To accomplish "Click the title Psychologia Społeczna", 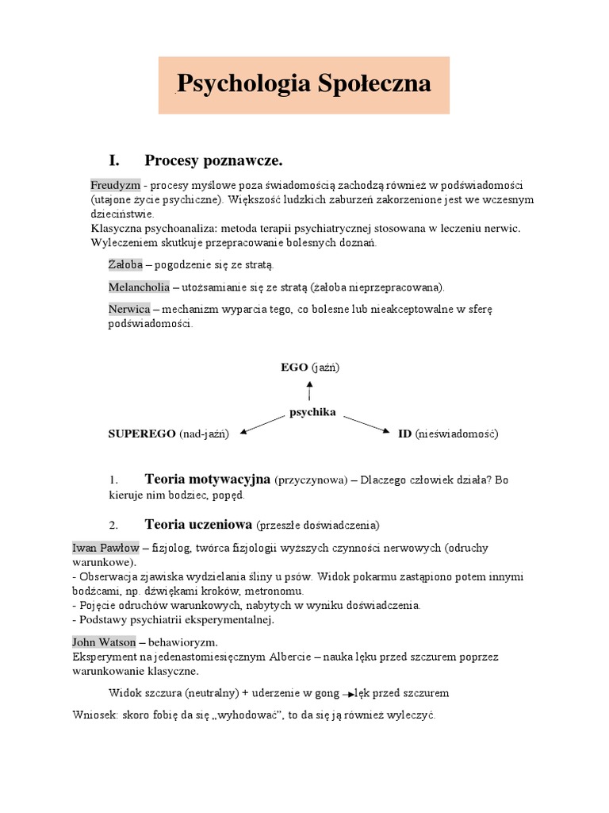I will point(304,84).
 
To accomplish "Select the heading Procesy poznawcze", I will point(213,161).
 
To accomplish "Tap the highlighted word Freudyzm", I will point(115,184).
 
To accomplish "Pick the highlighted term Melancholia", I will point(139,287).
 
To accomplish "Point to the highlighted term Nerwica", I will point(129,309).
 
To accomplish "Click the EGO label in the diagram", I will point(294,367).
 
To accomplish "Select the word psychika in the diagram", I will point(312,412).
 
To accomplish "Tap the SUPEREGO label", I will point(142,434).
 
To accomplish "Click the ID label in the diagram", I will point(404,434).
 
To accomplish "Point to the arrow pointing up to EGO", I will point(309,390).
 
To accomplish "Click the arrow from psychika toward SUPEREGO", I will point(262,425).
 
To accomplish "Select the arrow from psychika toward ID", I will point(365,425).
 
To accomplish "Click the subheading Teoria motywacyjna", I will point(208,479).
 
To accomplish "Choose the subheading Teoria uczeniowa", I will point(198,524).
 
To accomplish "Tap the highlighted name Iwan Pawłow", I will point(105,548).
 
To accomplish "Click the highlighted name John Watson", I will point(104,642).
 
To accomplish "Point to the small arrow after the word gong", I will point(348,694).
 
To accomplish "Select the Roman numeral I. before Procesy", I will point(114,161).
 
